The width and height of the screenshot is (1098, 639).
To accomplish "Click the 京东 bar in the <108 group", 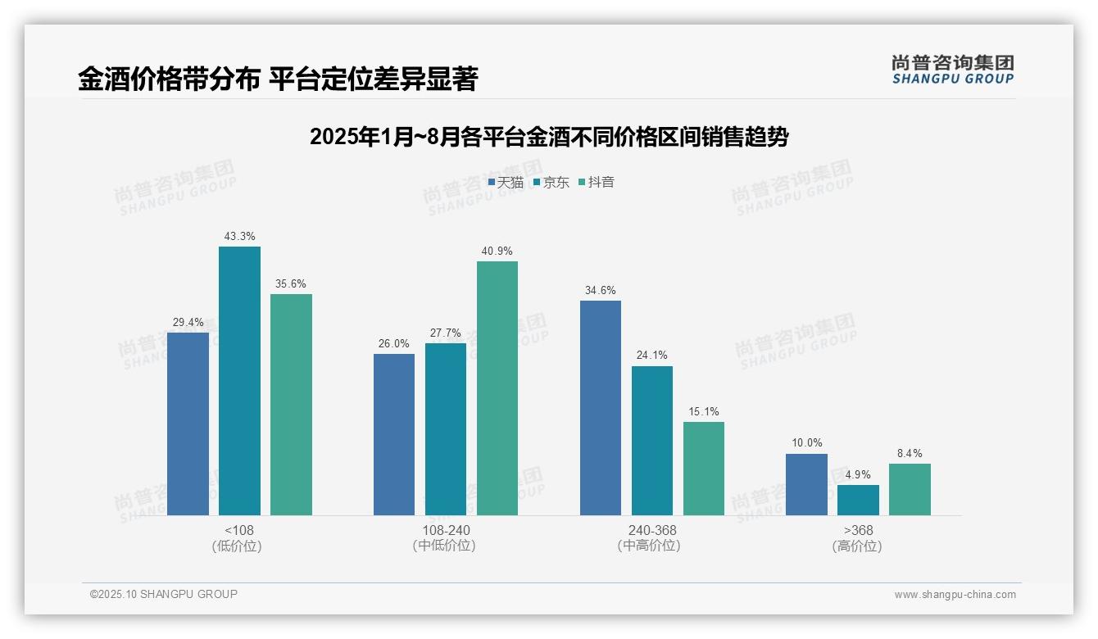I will click(239, 381).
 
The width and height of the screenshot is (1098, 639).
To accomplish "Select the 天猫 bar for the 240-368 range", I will click(601, 408).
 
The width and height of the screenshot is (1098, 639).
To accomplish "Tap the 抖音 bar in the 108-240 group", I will click(497, 388).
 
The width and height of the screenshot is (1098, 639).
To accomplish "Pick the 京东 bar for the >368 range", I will click(858, 500).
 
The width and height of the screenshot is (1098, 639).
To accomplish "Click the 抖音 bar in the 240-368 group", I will click(704, 469).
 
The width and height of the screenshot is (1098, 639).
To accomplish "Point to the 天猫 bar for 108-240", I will click(394, 434).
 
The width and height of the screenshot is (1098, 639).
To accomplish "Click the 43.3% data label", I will click(239, 237).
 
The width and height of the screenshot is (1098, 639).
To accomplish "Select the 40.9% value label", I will click(497, 252).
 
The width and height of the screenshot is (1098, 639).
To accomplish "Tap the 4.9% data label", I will click(858, 475).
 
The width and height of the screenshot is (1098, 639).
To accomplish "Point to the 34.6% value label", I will click(601, 291).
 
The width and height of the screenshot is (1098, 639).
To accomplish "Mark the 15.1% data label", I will click(704, 412).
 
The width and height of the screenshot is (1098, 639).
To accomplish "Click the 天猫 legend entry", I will click(506, 183).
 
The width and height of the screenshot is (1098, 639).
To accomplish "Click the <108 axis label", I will click(239, 530).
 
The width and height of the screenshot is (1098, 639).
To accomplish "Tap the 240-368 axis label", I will click(652, 530).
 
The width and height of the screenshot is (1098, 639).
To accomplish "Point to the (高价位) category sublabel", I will click(858, 546).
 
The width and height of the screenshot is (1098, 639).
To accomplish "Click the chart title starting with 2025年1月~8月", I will click(549, 138).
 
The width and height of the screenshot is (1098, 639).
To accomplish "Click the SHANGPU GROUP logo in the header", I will click(953, 70).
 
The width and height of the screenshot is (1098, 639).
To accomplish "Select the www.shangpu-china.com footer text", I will click(955, 595).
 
